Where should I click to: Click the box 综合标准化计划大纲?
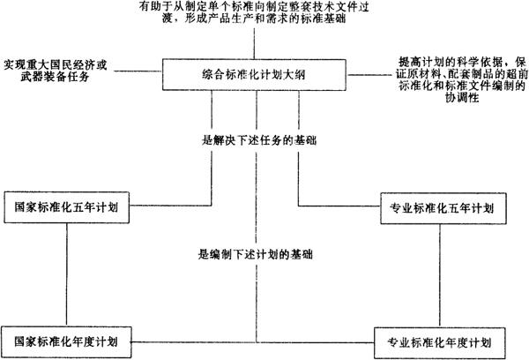[256, 74]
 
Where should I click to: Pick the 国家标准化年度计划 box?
[67, 339]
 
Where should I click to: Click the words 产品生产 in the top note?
[222, 21]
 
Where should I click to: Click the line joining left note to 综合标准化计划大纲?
[141, 68]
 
